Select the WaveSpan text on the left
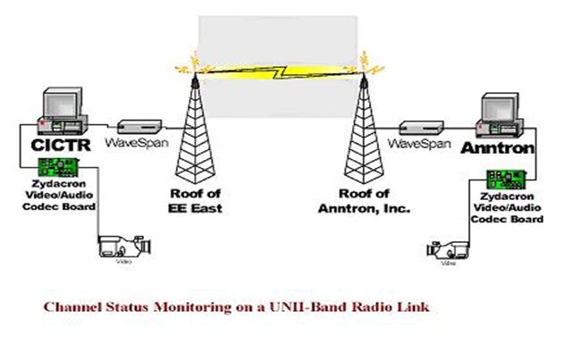134,143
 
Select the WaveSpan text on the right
418,143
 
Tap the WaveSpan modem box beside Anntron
416,124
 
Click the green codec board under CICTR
55,167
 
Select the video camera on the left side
116,246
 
